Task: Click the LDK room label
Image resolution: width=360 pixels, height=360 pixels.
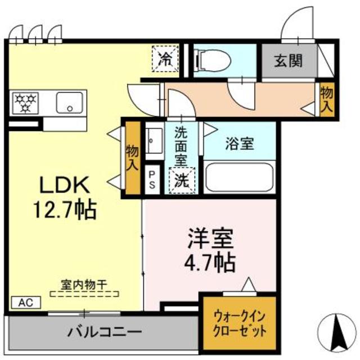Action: coord(62,186)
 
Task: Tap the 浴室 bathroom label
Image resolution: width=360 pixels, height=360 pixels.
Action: coord(239,143)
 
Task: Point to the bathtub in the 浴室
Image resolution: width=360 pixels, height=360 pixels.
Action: coord(239,177)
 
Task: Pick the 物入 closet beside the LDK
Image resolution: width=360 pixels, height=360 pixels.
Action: coord(132,157)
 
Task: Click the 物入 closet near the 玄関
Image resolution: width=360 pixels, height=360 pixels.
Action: coord(326,99)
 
